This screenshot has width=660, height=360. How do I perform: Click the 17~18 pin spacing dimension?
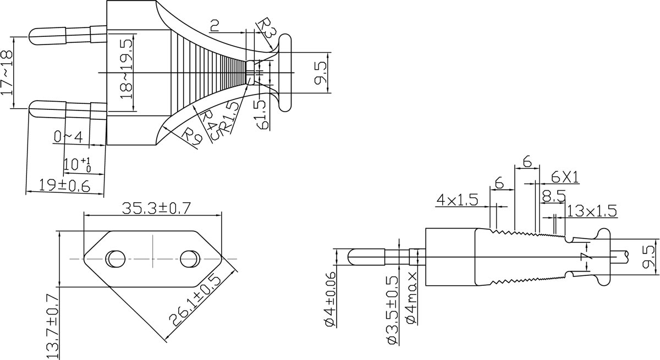(7, 73)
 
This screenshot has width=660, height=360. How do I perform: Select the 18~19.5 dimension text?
(127, 69)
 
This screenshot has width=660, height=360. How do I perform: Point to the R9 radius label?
(191, 136)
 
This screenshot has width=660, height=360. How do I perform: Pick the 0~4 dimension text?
(68, 137)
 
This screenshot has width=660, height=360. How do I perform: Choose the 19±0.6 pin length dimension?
(64, 186)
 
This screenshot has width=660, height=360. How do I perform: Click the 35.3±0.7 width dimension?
(156, 208)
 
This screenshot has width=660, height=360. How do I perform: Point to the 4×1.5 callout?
(457, 200)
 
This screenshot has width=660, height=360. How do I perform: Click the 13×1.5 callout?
(592, 211)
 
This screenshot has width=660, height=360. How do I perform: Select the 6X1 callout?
(565, 178)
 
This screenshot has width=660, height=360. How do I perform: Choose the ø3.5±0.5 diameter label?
(392, 310)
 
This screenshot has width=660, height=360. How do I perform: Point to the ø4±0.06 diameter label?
(331, 299)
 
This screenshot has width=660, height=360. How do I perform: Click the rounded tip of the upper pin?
(30, 36)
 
